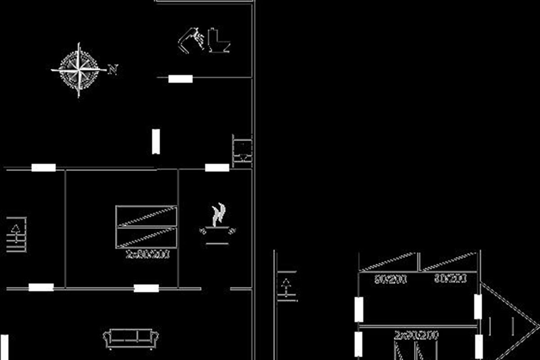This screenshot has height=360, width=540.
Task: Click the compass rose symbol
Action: [79, 70]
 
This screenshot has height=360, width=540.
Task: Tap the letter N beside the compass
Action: [113, 69]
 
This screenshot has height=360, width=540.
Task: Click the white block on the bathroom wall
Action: [180, 79]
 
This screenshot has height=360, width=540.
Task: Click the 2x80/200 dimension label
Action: [148, 254]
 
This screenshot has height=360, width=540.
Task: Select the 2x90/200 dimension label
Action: [416, 335]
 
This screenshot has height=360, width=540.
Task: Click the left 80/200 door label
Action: [391, 279]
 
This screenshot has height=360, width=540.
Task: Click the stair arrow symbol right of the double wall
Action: [286, 287]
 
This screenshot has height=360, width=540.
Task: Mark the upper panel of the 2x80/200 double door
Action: [146, 216]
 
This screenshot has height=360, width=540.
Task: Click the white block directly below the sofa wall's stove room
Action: [146, 288]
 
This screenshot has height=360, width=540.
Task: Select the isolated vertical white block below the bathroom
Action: [156, 141]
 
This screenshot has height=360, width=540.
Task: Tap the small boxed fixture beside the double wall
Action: [242, 151]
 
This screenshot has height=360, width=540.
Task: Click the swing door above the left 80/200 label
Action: [389, 263]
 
